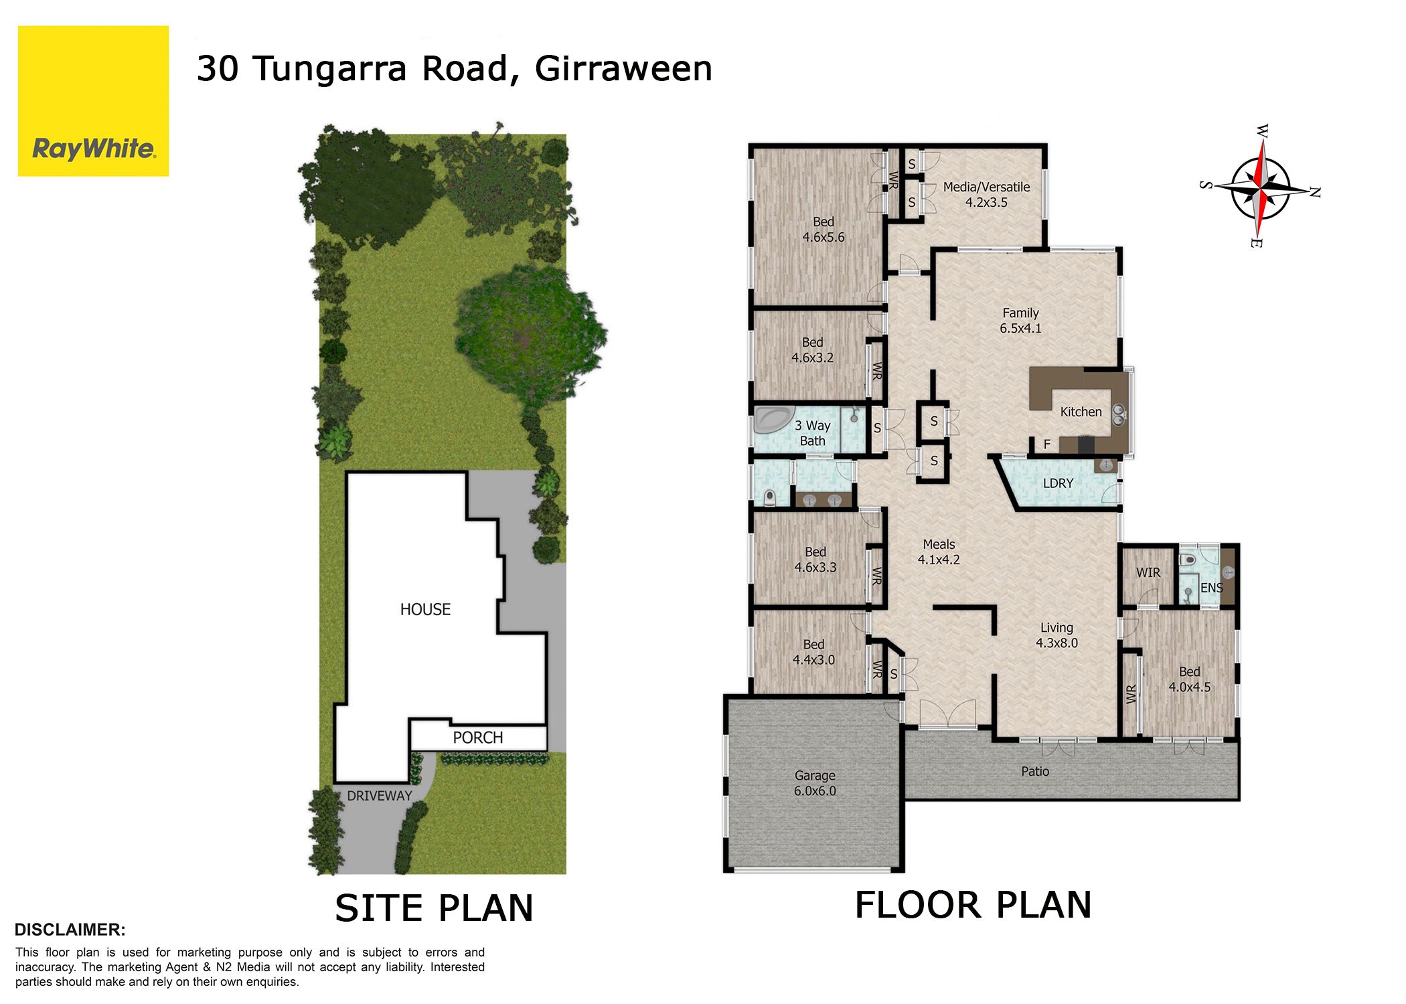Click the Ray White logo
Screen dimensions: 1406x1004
(x=93, y=101)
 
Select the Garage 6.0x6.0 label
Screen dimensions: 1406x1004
(x=815, y=783)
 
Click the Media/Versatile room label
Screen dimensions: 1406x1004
(x=986, y=195)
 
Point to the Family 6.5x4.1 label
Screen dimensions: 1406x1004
(x=1020, y=321)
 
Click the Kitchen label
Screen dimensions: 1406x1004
(x=1081, y=412)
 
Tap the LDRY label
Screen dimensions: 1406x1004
(x=1058, y=483)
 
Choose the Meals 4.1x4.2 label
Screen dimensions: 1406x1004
(x=939, y=552)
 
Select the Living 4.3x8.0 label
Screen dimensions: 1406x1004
(x=1057, y=635)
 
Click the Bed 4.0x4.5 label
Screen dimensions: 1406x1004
(x=1190, y=679)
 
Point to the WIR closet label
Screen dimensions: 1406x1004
(x=1148, y=573)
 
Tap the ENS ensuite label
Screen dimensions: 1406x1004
(x=1212, y=588)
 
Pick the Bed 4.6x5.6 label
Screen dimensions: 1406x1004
(x=824, y=230)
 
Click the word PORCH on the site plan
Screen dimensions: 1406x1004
(x=477, y=738)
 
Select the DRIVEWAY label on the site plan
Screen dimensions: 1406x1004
(x=379, y=796)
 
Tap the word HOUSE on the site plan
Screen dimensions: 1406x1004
(x=425, y=610)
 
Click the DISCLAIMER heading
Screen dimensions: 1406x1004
(x=70, y=930)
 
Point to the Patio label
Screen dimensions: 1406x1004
(x=1035, y=772)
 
